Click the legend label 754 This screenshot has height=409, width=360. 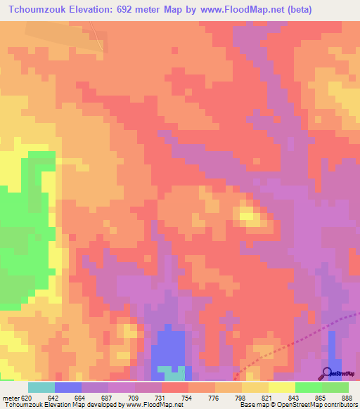pyautogui.click(x=186, y=397)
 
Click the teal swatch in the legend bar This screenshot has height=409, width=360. pyautogui.click(x=41, y=387)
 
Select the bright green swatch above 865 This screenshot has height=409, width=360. pyautogui.click(x=308, y=387)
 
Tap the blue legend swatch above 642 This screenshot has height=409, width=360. pyautogui.click(x=67, y=387)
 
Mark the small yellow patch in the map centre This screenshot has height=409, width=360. pyautogui.click(x=248, y=214)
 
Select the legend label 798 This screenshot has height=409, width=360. pyautogui.click(x=240, y=397)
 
